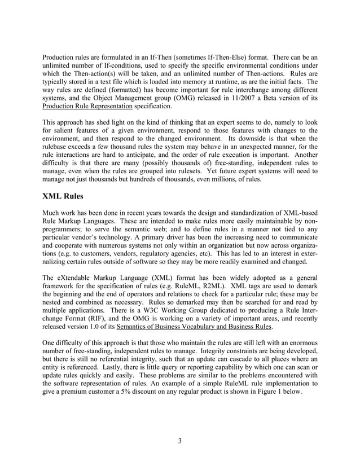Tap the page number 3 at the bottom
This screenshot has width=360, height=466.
[179, 441]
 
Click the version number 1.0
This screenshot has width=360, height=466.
[94, 327]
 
